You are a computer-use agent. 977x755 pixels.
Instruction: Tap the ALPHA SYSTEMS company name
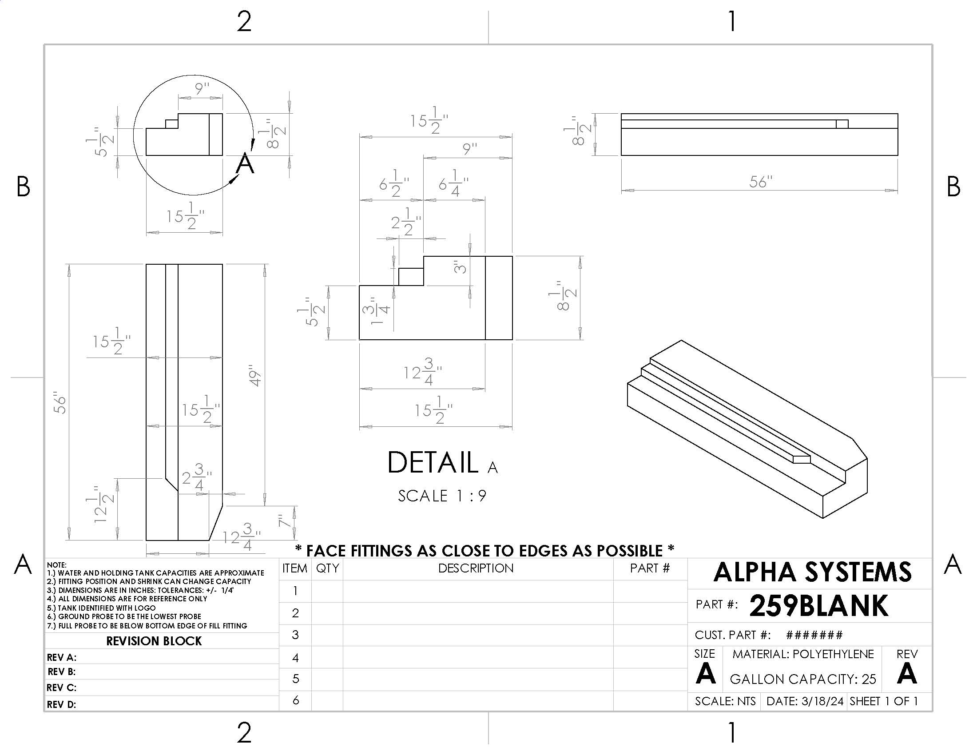[812, 572]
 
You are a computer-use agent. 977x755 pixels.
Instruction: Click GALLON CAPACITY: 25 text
[802, 679]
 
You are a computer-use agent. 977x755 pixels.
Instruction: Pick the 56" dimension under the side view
[760, 182]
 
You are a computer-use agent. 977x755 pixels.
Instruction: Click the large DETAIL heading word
[432, 462]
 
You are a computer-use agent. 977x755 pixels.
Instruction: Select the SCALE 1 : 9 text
[442, 496]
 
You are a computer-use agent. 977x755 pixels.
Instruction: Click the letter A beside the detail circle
[245, 164]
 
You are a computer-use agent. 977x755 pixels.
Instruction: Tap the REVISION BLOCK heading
[154, 641]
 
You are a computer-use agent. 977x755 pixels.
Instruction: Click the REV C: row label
[62, 687]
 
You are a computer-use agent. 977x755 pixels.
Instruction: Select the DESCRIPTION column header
[476, 568]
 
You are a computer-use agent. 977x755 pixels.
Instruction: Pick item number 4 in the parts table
[295, 657]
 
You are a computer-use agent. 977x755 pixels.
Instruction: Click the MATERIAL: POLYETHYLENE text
[802, 654]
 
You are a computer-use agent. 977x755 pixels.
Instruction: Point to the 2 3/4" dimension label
[197, 477]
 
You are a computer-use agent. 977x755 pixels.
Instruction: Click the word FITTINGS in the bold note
[381, 551]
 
